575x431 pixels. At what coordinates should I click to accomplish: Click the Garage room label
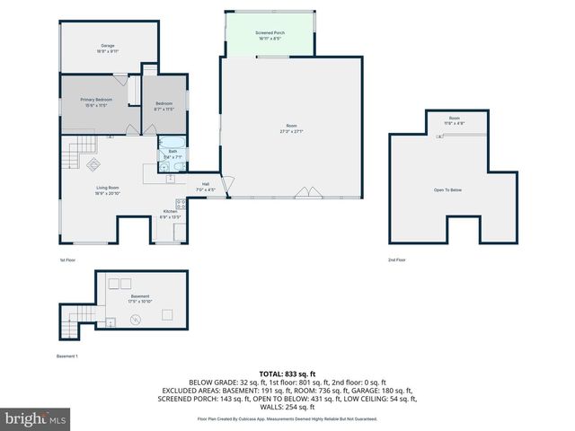coord(107,45)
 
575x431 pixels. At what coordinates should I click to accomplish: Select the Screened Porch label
coord(270,32)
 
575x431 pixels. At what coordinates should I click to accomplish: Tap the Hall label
coord(206,185)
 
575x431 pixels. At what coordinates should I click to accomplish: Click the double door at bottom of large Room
coord(307,192)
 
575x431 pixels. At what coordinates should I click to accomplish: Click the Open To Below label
coord(447,189)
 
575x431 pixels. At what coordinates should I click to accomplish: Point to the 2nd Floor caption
coord(396,259)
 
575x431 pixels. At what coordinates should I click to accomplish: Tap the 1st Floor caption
coord(68,259)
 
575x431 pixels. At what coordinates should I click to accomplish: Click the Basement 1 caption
coord(67,356)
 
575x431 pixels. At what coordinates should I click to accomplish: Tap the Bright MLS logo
coord(35,418)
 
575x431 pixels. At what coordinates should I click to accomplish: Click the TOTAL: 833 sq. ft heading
coord(287,374)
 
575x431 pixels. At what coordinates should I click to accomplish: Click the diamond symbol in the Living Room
coord(92,163)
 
